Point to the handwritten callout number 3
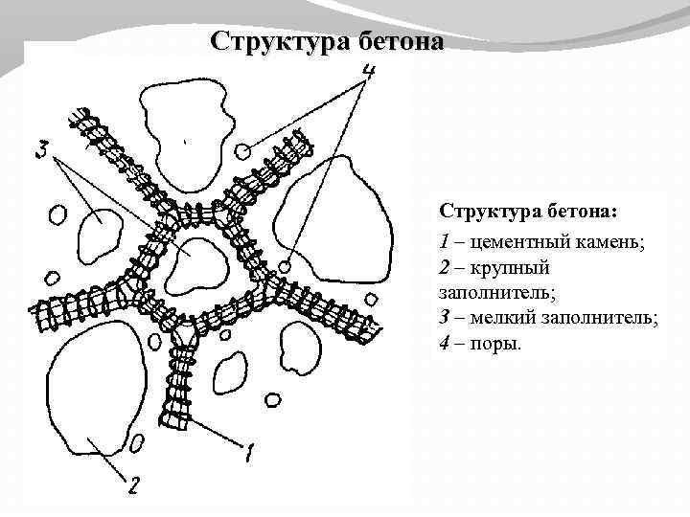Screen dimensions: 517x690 40,150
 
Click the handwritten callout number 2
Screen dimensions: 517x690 133,486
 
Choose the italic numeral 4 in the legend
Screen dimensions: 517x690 445,344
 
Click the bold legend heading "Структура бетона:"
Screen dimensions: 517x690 529,210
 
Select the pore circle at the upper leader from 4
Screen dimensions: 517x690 243,150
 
